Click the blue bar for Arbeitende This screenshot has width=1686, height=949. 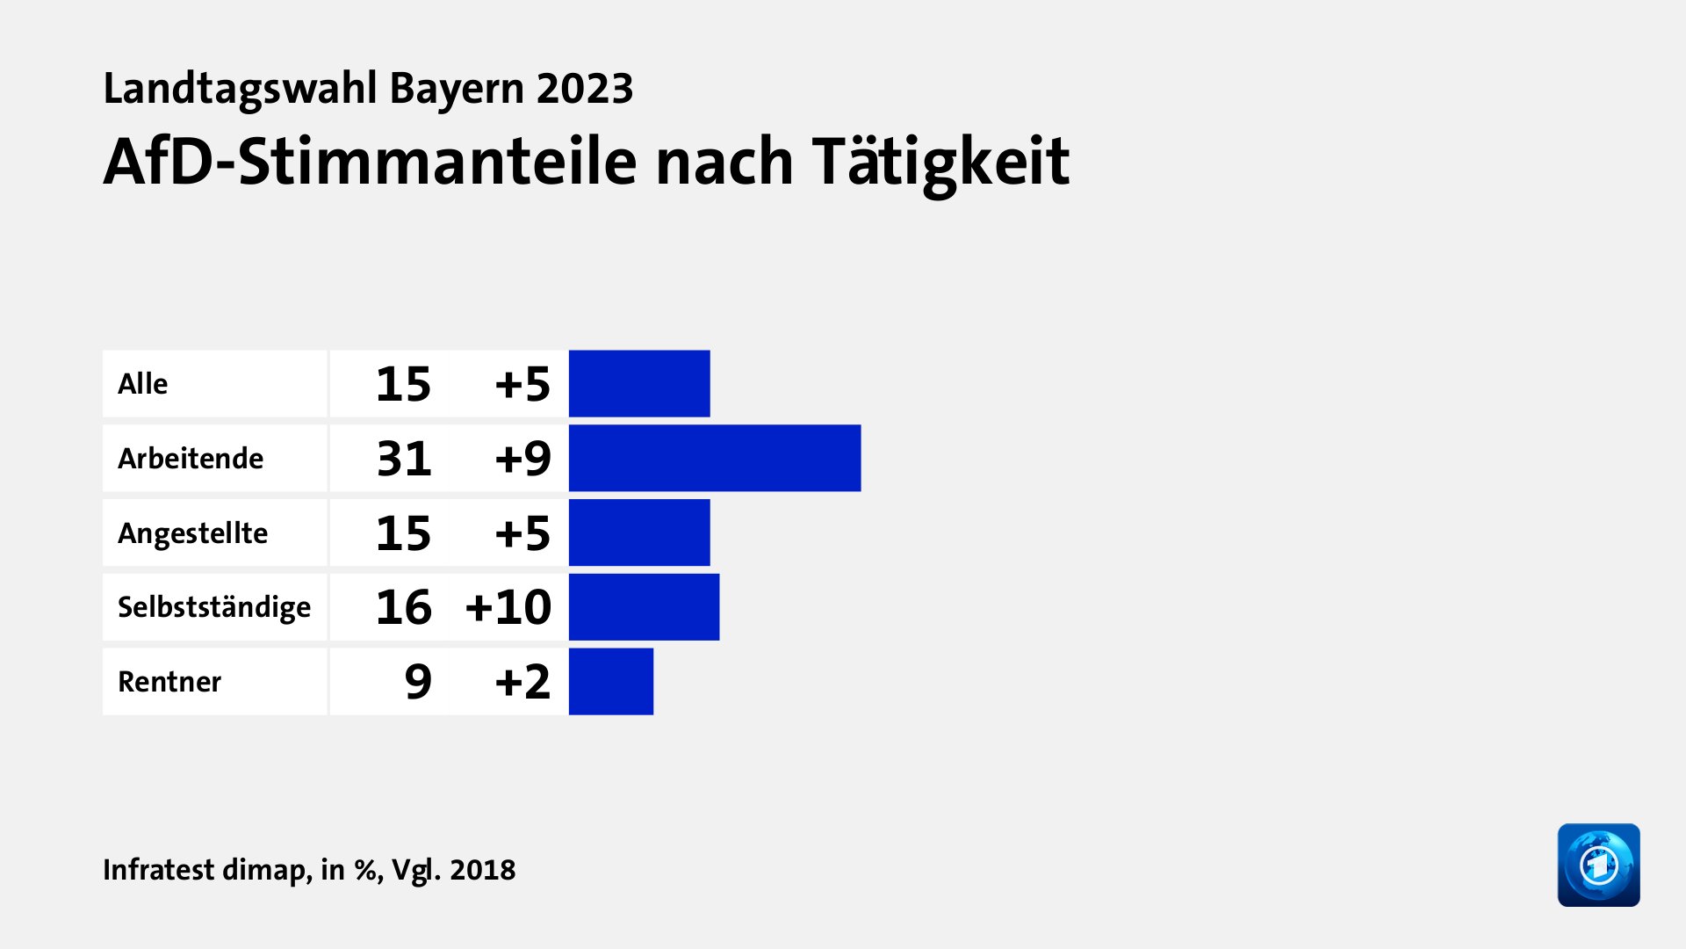[x=715, y=458]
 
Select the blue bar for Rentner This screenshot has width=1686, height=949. [x=611, y=682]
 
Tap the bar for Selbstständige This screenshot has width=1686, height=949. [x=644, y=607]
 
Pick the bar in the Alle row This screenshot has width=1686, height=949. [x=639, y=384]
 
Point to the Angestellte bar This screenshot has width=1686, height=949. [x=639, y=532]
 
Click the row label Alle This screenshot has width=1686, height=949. [x=142, y=384]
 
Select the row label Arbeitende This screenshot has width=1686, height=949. [x=191, y=459]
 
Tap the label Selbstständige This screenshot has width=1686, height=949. [x=214, y=608]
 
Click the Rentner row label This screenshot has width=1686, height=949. [x=169, y=682]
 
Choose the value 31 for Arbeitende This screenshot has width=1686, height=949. [x=404, y=459]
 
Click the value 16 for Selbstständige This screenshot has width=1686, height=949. [x=404, y=607]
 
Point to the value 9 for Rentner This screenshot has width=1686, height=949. [x=418, y=682]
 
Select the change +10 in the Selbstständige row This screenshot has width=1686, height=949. [x=508, y=607]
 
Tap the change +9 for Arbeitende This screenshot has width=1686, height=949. [x=522, y=459]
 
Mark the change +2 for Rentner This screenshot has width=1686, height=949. [x=522, y=682]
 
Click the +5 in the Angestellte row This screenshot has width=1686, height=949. [x=522, y=533]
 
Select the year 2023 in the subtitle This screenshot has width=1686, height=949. [x=585, y=89]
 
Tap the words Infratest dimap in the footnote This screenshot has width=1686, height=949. [x=205, y=870]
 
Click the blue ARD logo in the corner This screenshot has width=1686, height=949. [x=1598, y=865]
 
